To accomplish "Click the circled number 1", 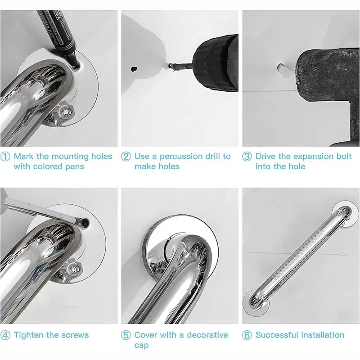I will tap(5, 157).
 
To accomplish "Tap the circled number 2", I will tap(126, 157).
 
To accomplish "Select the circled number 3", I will tap(247, 157).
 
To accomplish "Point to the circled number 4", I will tap(5, 335).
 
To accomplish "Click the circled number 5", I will tap(126, 335).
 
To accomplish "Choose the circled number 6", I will tap(247, 335).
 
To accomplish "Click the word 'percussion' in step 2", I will tap(181, 157).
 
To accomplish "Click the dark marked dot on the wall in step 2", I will tap(134, 70).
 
